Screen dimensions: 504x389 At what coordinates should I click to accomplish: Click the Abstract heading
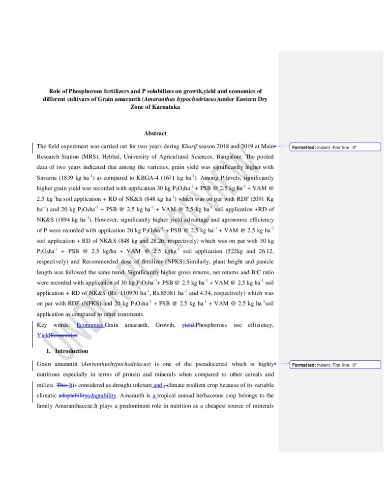tap(155, 133)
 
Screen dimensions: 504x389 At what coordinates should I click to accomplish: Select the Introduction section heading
tap(71, 351)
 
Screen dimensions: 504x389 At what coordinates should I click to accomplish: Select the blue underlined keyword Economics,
tap(90, 325)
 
